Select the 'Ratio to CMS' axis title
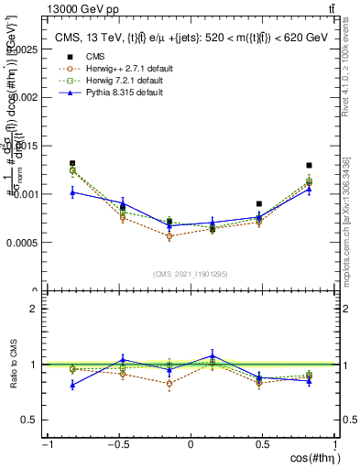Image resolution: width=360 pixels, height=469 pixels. pyautogui.click(x=13, y=365)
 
